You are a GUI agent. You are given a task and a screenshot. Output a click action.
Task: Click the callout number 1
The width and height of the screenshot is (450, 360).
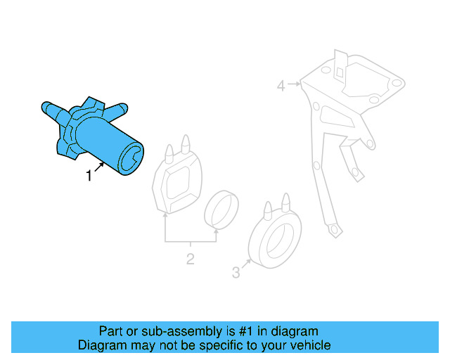[x=89, y=176]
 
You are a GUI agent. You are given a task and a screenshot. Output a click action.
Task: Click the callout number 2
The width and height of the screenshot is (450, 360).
[x=190, y=259]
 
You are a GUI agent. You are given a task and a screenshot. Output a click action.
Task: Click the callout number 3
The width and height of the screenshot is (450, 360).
[x=236, y=272]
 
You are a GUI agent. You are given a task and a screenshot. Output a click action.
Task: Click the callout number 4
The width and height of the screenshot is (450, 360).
[x=281, y=86]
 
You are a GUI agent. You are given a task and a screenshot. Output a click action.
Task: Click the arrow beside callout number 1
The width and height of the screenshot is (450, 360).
[x=101, y=167]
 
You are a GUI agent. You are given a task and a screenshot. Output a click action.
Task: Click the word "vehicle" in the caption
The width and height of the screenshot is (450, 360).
[x=309, y=345]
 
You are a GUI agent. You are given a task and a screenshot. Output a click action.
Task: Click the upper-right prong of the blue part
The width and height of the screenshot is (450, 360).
[x=120, y=108]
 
